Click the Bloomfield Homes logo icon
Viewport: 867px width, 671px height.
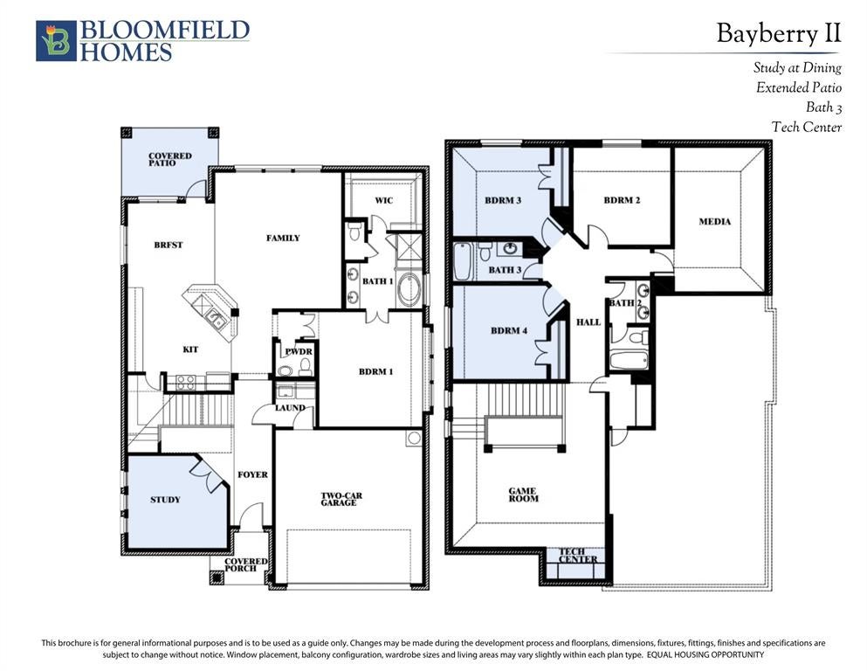(x=56, y=41)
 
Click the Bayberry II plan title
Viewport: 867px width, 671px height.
(x=779, y=33)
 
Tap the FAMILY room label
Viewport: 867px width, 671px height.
(x=283, y=238)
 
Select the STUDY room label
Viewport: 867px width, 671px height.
(x=165, y=500)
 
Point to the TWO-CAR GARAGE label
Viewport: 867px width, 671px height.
(x=341, y=499)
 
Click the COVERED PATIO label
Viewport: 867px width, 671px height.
(x=169, y=159)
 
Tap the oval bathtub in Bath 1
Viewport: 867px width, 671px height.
(x=409, y=289)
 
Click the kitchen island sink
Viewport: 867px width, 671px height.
(x=213, y=317)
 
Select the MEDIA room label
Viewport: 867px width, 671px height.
(x=714, y=221)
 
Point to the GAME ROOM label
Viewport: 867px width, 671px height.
(x=523, y=495)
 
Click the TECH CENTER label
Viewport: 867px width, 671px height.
(x=578, y=556)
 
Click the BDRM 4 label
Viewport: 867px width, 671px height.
(x=509, y=331)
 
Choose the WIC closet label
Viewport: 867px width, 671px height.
(x=384, y=200)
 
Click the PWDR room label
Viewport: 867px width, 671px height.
(x=299, y=352)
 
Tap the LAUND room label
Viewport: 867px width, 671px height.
(x=290, y=408)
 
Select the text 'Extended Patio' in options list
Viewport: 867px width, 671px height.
(x=798, y=87)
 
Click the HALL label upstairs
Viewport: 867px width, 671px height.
(x=588, y=322)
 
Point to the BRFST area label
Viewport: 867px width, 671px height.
(x=169, y=245)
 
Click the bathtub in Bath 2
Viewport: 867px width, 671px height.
(x=629, y=361)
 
